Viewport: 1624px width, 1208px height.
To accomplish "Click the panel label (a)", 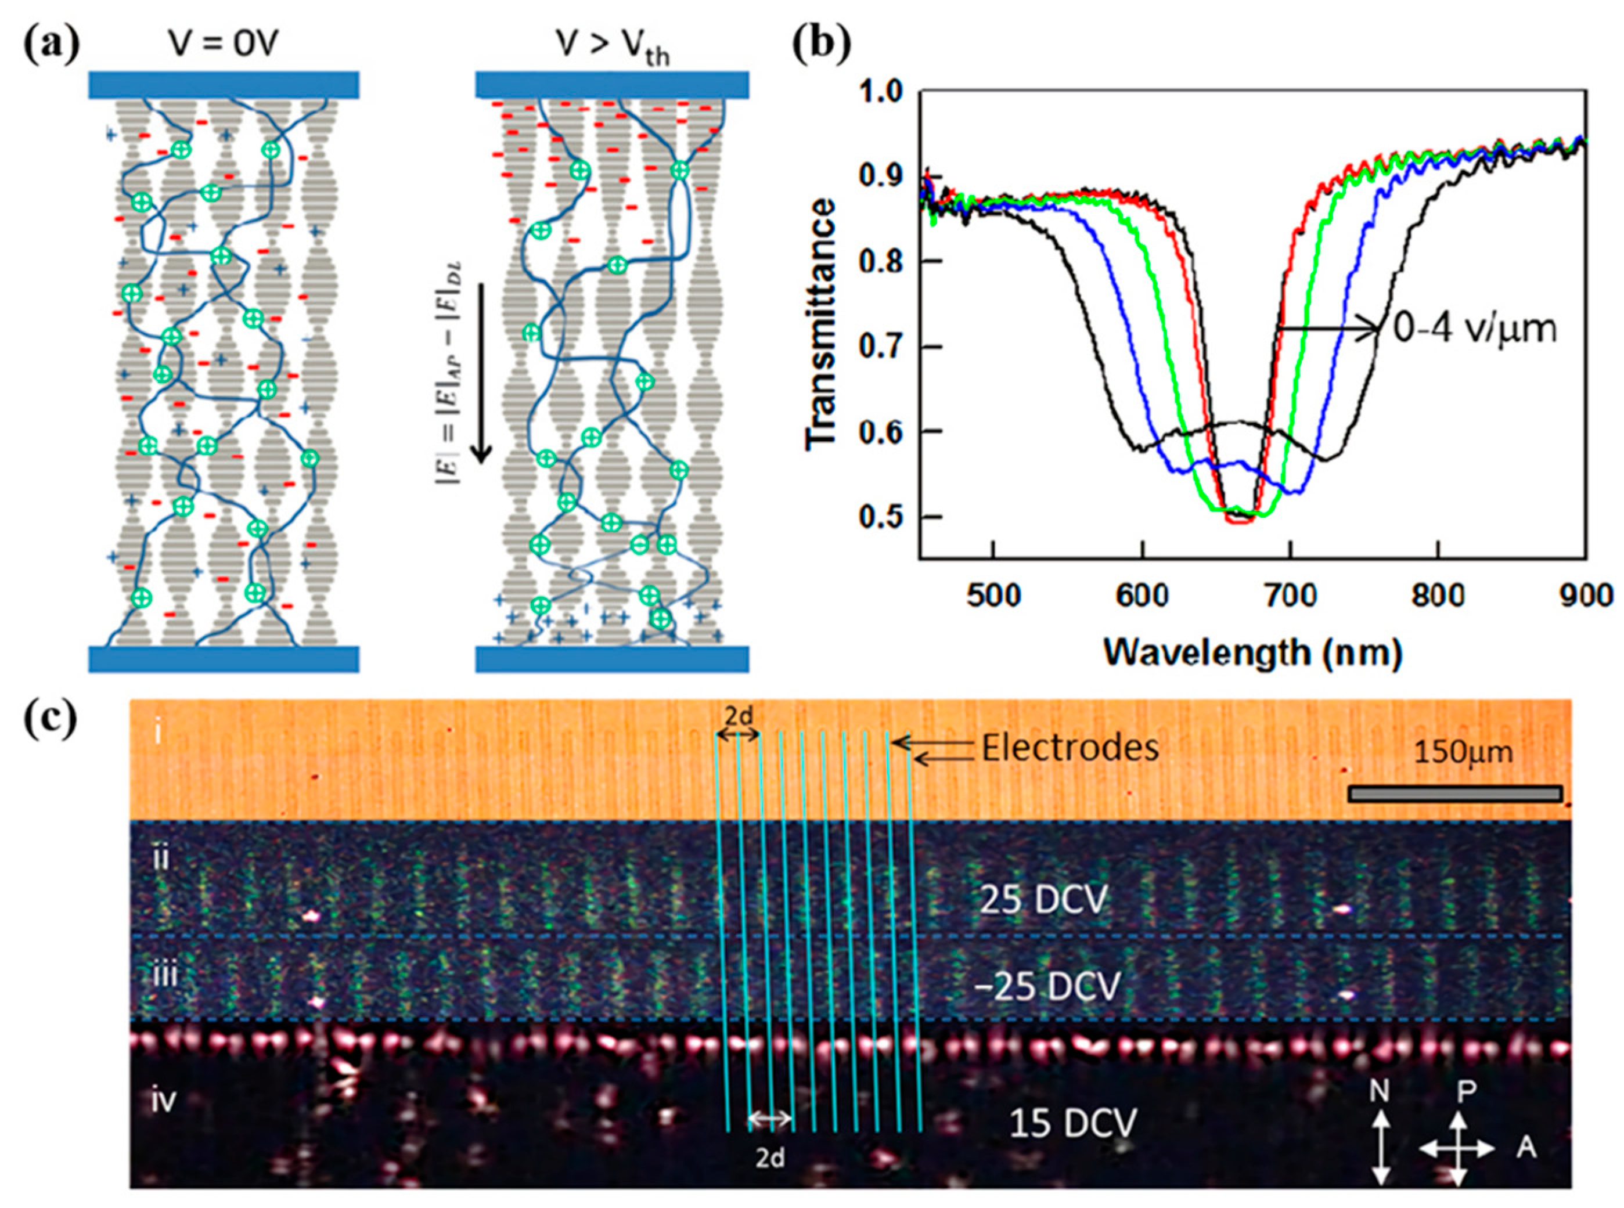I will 51,48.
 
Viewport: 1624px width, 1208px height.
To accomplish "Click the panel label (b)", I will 823,48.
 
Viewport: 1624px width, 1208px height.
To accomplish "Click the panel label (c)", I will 51,720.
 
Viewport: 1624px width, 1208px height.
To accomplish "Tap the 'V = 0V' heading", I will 224,45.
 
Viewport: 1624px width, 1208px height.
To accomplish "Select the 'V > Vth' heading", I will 613,48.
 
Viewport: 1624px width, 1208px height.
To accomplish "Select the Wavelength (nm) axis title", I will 1252,651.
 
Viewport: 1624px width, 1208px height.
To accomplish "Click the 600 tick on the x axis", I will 1142,596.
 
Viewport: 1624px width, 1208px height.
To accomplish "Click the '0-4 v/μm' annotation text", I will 1474,330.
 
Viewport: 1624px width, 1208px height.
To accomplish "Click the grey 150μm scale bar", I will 1455,794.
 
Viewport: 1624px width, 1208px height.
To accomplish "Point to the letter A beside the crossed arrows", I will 1525,1148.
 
